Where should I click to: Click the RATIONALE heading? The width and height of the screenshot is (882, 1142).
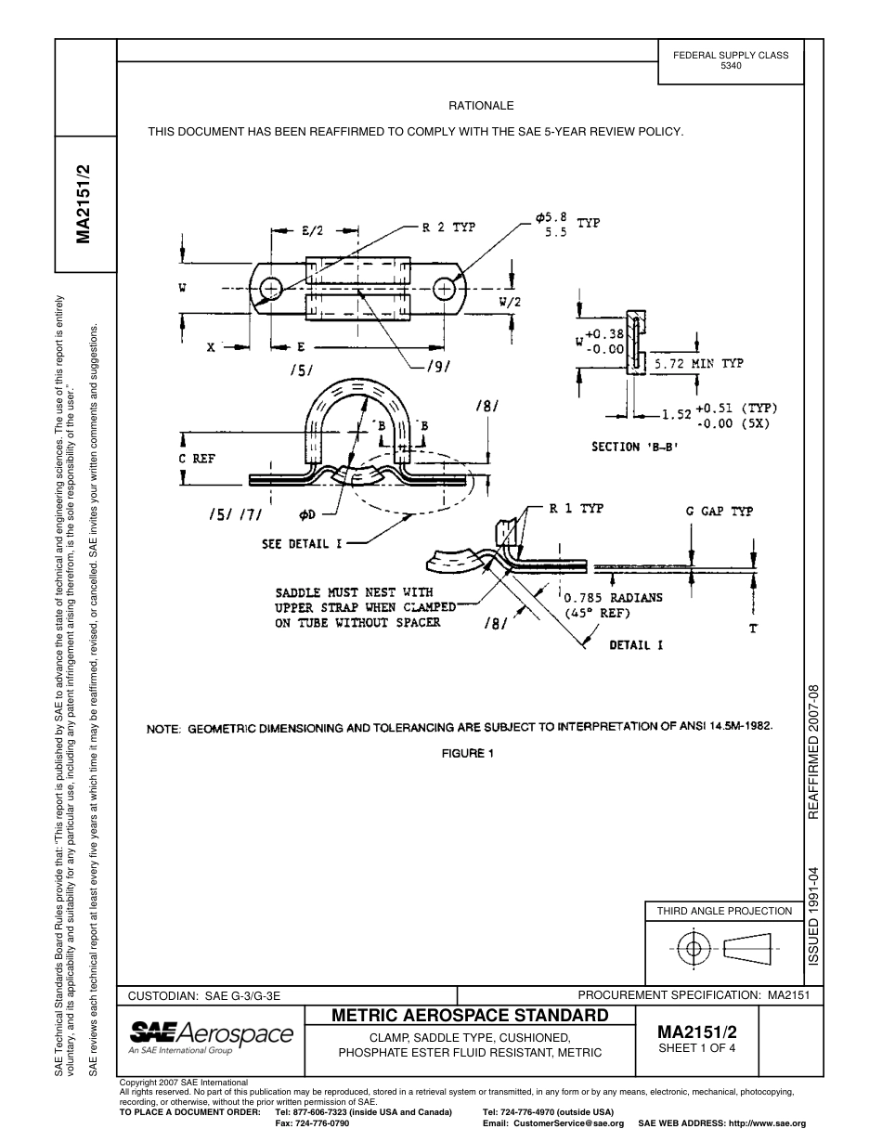tap(481, 106)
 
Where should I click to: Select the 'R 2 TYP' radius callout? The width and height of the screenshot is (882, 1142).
tap(448, 228)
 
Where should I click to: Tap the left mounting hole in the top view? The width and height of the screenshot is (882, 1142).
tap(270, 290)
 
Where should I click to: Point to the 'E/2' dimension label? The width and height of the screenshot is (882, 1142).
tap(312, 231)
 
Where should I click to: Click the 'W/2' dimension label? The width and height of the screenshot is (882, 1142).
tap(510, 302)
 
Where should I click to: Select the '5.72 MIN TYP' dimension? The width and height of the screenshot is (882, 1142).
tap(698, 363)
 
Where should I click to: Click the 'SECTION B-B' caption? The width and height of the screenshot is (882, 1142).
tap(635, 447)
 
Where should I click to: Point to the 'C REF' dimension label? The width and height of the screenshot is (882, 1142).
tap(197, 459)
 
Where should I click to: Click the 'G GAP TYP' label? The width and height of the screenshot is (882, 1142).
tap(719, 511)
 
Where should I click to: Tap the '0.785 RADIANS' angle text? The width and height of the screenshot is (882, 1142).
tap(614, 597)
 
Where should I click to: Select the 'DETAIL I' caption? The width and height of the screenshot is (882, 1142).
tap(635, 645)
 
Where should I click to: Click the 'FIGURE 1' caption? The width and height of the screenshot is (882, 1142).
tap(468, 753)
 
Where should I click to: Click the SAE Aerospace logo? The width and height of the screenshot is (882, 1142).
tap(211, 1035)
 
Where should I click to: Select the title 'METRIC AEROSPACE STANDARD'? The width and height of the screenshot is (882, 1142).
tap(470, 1015)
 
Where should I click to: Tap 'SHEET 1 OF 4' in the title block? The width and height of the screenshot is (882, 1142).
tap(696, 1049)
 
